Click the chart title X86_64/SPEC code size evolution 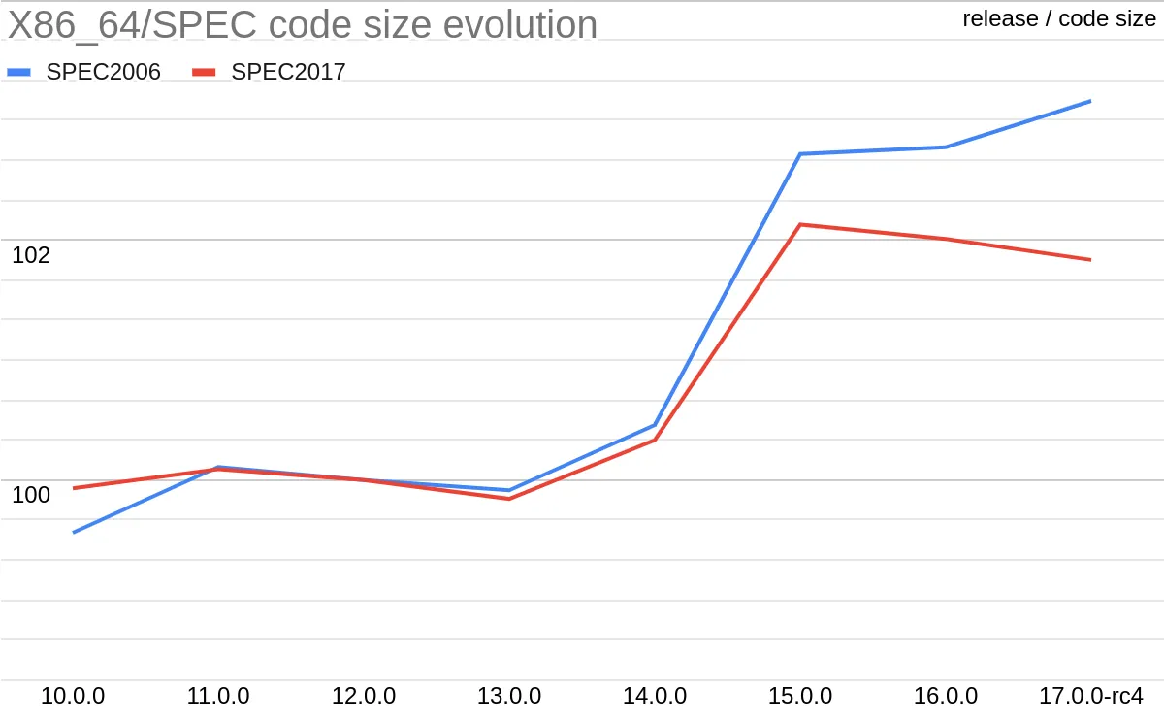pyautogui.click(x=303, y=24)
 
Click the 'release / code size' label pyautogui.click(x=1059, y=18)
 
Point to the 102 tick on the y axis pyautogui.click(x=31, y=255)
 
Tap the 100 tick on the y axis pyautogui.click(x=31, y=495)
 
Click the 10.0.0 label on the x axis pyautogui.click(x=73, y=696)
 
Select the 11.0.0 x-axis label pyautogui.click(x=218, y=696)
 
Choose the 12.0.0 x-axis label pyautogui.click(x=364, y=696)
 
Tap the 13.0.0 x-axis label pyautogui.click(x=509, y=696)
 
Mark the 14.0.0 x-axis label pyautogui.click(x=655, y=696)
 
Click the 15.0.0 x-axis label pyautogui.click(x=800, y=696)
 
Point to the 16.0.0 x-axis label pyautogui.click(x=946, y=696)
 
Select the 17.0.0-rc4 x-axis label pyautogui.click(x=1090, y=696)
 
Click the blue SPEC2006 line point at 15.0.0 pyautogui.click(x=799, y=153)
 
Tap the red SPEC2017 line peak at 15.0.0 pyautogui.click(x=799, y=224)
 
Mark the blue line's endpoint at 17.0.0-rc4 pyautogui.click(x=1090, y=101)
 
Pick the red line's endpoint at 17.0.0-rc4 pyautogui.click(x=1090, y=259)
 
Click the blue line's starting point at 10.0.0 pyautogui.click(x=74, y=532)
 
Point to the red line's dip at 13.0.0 pyautogui.click(x=509, y=499)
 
